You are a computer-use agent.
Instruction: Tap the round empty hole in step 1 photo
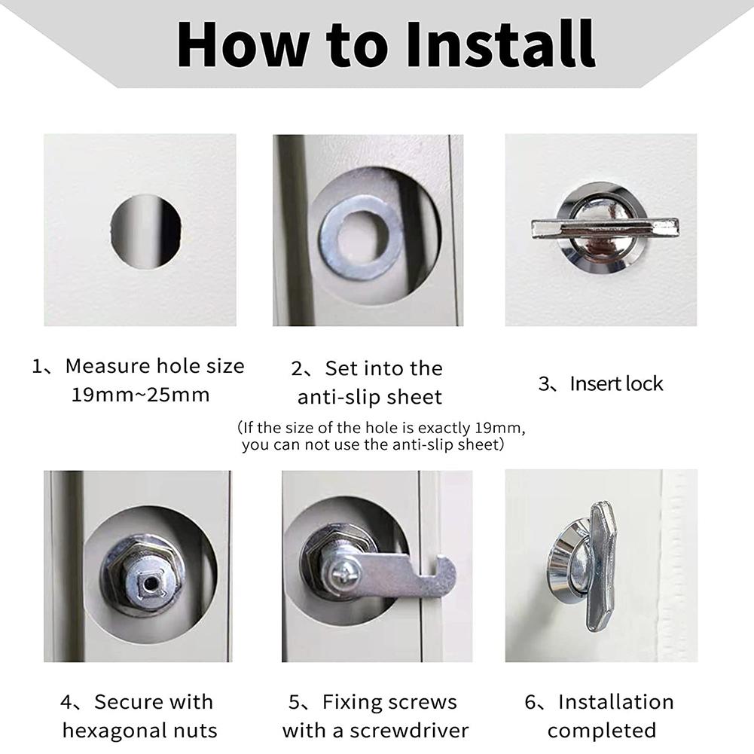(145, 230)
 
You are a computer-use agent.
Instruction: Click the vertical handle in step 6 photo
(603, 565)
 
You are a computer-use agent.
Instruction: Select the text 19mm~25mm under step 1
(140, 395)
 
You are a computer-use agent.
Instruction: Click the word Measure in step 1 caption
(107, 366)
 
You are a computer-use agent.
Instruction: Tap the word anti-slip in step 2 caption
(339, 397)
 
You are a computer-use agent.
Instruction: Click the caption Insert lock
(616, 383)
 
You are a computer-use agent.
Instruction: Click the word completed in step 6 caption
(601, 730)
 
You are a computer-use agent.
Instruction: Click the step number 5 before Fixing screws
(295, 702)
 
